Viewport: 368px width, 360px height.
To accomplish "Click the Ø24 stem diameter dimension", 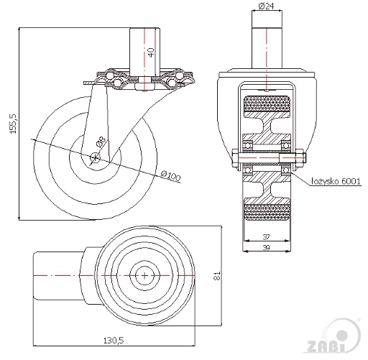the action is tap(267, 6).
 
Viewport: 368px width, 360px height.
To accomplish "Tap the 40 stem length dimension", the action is tap(151, 52).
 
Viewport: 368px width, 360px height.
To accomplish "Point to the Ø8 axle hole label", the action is tap(101, 142).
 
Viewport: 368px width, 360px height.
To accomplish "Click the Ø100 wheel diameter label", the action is tap(170, 176).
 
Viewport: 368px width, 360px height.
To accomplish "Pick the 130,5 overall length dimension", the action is tap(114, 340).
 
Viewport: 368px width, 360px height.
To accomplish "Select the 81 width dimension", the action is tap(217, 276).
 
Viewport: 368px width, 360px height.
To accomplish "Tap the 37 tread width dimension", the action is tap(266, 237).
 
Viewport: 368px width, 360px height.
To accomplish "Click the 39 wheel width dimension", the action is tap(266, 247).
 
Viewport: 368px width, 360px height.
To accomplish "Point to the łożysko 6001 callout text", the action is tap(336, 181).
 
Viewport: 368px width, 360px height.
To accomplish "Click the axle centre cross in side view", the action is tap(96, 157).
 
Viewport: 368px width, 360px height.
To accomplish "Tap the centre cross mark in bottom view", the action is tap(144, 276).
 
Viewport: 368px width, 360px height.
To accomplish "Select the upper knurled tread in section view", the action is tap(267, 103).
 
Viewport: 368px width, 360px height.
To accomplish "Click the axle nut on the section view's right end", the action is tap(300, 158).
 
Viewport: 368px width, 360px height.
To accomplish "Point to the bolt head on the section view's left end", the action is tap(234, 158).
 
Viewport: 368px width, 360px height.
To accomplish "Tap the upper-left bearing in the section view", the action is tap(248, 145).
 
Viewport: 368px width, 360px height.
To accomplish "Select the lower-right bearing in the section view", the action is tap(285, 170).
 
